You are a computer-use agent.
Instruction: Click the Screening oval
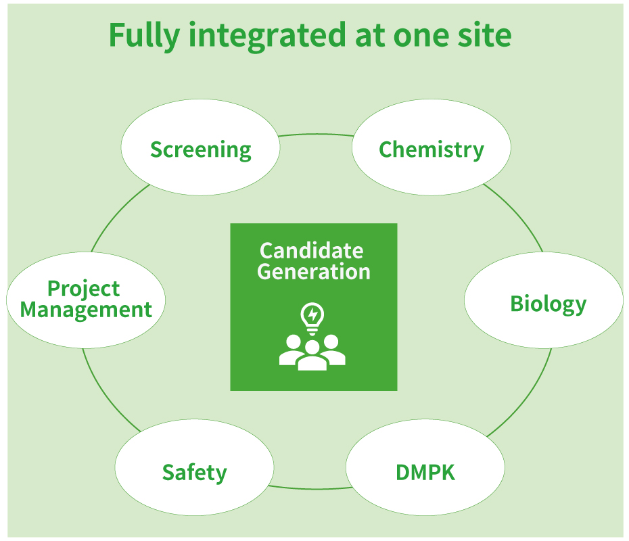200,149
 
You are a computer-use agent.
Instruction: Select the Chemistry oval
432,149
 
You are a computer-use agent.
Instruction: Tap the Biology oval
544,302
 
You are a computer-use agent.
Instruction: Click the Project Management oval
86,299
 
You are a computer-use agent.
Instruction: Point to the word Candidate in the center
312,251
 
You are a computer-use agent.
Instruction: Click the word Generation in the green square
314,272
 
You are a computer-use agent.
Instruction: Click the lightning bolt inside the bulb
312,314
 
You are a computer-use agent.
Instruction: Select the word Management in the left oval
86,310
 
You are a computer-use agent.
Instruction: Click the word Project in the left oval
84,289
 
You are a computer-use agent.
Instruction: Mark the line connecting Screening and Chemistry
317,135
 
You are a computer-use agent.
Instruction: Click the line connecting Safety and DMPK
310,488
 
